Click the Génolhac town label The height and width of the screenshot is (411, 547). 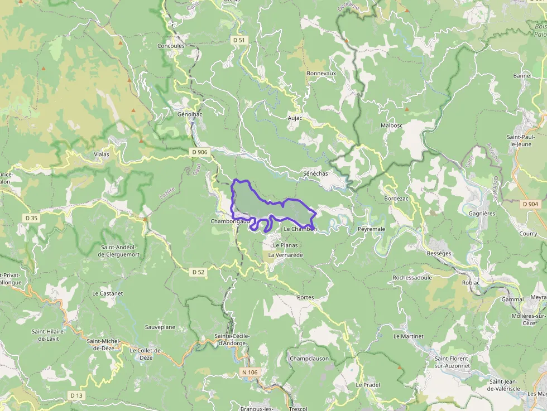[189, 114]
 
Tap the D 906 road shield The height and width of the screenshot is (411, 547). [199, 152]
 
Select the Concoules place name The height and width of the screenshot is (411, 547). [171, 46]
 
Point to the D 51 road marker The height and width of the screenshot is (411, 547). [239, 40]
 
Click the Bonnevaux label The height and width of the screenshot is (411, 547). [322, 73]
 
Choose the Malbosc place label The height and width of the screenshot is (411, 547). [391, 126]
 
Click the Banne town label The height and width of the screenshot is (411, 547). [521, 75]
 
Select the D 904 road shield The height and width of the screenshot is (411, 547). [531, 205]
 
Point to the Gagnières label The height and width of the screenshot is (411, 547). [482, 214]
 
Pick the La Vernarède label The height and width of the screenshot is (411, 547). [285, 255]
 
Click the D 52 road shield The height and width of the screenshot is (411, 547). [198, 272]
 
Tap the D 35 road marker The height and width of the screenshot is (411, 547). [31, 218]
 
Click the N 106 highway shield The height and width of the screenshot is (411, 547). [251, 372]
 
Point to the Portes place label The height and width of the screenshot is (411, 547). [306, 297]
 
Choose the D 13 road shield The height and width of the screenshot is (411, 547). [76, 395]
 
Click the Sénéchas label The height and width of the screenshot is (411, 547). [315, 173]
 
